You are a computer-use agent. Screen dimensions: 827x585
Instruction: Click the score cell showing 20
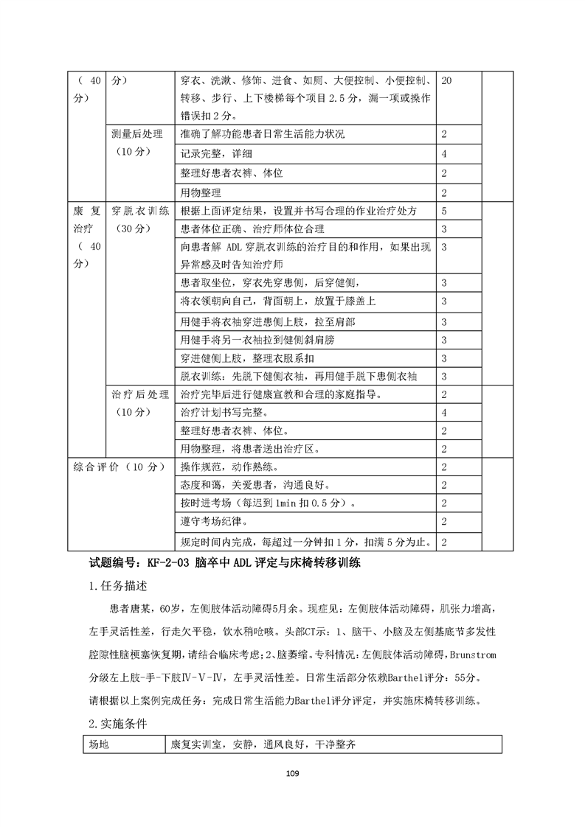click(x=446, y=80)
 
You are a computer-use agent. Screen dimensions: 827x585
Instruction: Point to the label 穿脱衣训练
click(x=140, y=211)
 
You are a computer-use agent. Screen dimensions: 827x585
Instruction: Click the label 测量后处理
click(x=140, y=135)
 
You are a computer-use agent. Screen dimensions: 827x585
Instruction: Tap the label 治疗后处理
click(x=140, y=394)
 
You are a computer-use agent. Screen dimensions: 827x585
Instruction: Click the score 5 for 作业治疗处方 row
click(x=444, y=211)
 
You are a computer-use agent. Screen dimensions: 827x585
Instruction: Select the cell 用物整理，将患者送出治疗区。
click(x=252, y=449)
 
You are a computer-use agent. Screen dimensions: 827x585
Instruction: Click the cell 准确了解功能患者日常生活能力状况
click(x=262, y=135)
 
